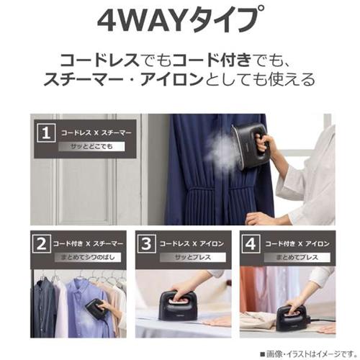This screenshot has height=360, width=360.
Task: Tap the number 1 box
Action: click(x=46, y=133)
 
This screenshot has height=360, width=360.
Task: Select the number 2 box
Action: click(x=42, y=244)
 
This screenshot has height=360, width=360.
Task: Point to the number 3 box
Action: click(x=146, y=244)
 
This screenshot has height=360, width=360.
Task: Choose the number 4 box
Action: click(x=251, y=244)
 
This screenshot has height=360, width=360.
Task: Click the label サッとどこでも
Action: click(x=91, y=147)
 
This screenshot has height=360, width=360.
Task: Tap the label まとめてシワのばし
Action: click(x=88, y=258)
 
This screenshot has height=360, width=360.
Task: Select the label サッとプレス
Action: click(x=193, y=258)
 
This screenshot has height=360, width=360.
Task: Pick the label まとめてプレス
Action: click(x=297, y=258)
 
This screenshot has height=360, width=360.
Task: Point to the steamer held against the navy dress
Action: click(x=250, y=145)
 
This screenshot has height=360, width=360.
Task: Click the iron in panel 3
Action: click(x=178, y=305)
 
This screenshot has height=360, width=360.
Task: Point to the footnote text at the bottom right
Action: click(x=308, y=354)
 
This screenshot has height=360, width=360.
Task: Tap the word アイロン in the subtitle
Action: click(x=172, y=79)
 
